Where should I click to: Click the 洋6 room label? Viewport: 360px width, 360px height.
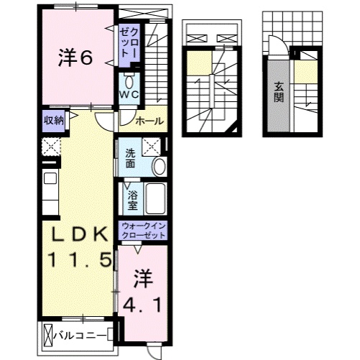[x=75, y=59]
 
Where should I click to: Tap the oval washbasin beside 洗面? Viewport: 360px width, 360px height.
[x=159, y=167]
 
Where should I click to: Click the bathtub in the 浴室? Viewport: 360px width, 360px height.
[x=156, y=198]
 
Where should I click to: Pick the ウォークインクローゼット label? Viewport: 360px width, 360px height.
[x=142, y=231]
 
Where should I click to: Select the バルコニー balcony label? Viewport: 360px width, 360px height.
[x=81, y=335]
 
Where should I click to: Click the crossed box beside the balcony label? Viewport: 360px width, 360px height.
[x=49, y=335]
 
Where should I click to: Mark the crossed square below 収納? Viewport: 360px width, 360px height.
[x=50, y=146]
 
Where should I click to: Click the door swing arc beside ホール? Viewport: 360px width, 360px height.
[x=105, y=122]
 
